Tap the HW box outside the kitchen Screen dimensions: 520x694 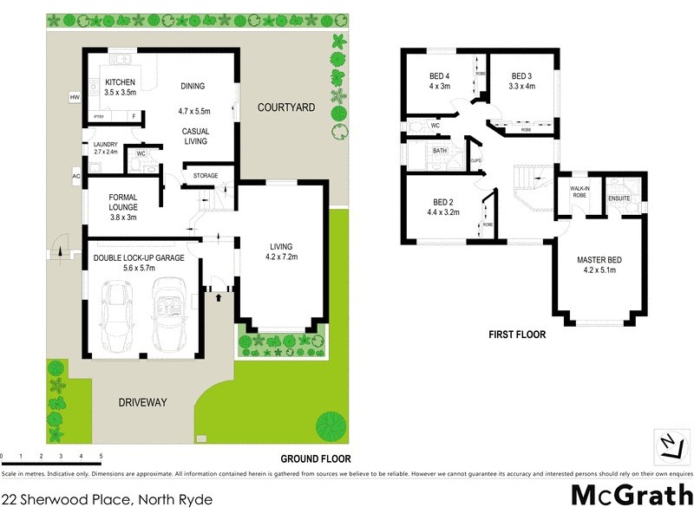click(75, 97)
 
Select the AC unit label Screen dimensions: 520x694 click(76, 176)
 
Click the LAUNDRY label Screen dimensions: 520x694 click(99, 145)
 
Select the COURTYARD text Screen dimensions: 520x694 click(285, 107)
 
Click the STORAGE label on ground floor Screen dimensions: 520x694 click(206, 176)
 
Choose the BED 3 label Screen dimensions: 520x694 click(520, 75)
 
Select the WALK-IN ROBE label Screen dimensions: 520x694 click(579, 192)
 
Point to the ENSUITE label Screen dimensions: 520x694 click(619, 198)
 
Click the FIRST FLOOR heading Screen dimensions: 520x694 click(516, 334)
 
